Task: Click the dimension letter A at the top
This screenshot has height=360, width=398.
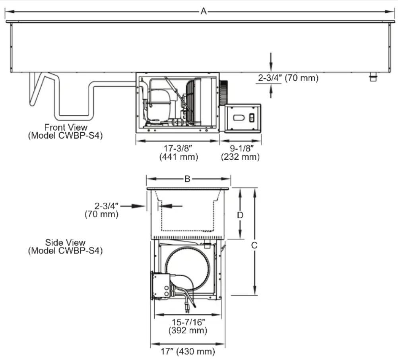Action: (204, 11)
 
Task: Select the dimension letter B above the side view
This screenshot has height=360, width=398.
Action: (187, 179)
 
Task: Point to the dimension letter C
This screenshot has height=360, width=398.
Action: (254, 245)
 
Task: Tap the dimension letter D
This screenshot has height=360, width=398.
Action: (240, 215)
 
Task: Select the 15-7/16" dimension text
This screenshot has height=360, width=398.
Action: (188, 322)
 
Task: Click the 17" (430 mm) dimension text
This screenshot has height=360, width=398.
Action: (188, 351)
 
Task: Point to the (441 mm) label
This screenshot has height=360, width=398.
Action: (179, 157)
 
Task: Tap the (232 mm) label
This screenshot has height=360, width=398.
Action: (241, 157)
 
